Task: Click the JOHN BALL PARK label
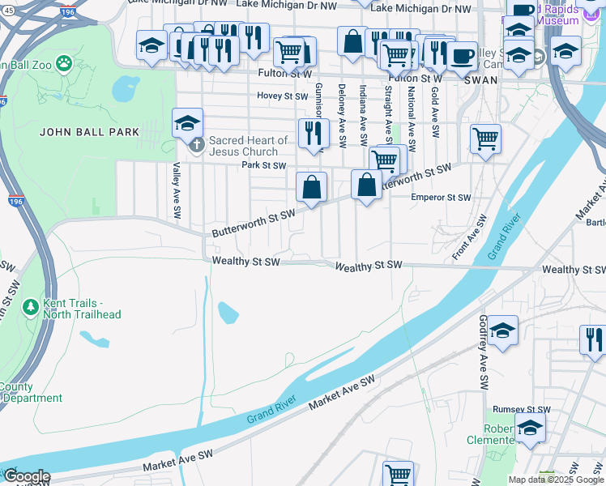tap(89, 131)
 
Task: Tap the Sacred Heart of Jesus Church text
tap(249, 146)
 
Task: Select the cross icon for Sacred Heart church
tap(196, 146)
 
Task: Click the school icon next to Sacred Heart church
tap(187, 124)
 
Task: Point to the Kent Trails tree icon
tap(31, 308)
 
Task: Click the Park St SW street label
tap(264, 165)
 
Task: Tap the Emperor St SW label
tap(441, 197)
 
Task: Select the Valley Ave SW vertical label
tap(175, 190)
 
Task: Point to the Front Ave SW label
tap(470, 237)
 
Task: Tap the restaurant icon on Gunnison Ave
tap(314, 133)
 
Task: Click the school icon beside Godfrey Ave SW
tap(502, 330)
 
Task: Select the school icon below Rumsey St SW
tap(531, 427)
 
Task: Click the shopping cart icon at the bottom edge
tap(398, 474)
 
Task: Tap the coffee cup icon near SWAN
tap(462, 56)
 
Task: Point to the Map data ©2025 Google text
tap(555, 480)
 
